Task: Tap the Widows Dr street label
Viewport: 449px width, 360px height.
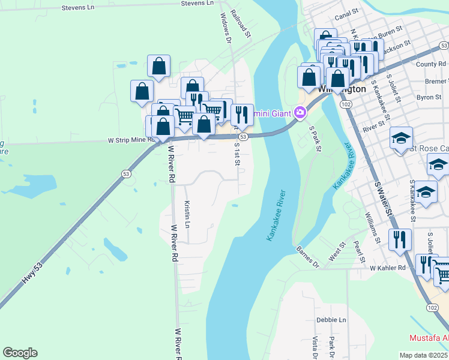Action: click(226, 29)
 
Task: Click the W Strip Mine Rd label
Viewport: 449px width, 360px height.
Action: click(131, 140)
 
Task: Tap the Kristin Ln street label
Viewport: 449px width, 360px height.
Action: click(187, 214)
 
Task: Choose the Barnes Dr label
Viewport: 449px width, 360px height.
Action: click(308, 256)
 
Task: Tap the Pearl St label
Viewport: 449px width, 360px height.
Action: click(360, 252)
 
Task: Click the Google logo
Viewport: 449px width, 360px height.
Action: click(20, 353)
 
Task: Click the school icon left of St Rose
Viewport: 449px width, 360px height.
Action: click(401, 138)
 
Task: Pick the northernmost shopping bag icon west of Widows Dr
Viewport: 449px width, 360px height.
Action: click(158, 65)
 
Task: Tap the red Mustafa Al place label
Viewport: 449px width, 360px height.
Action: click(429, 337)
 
